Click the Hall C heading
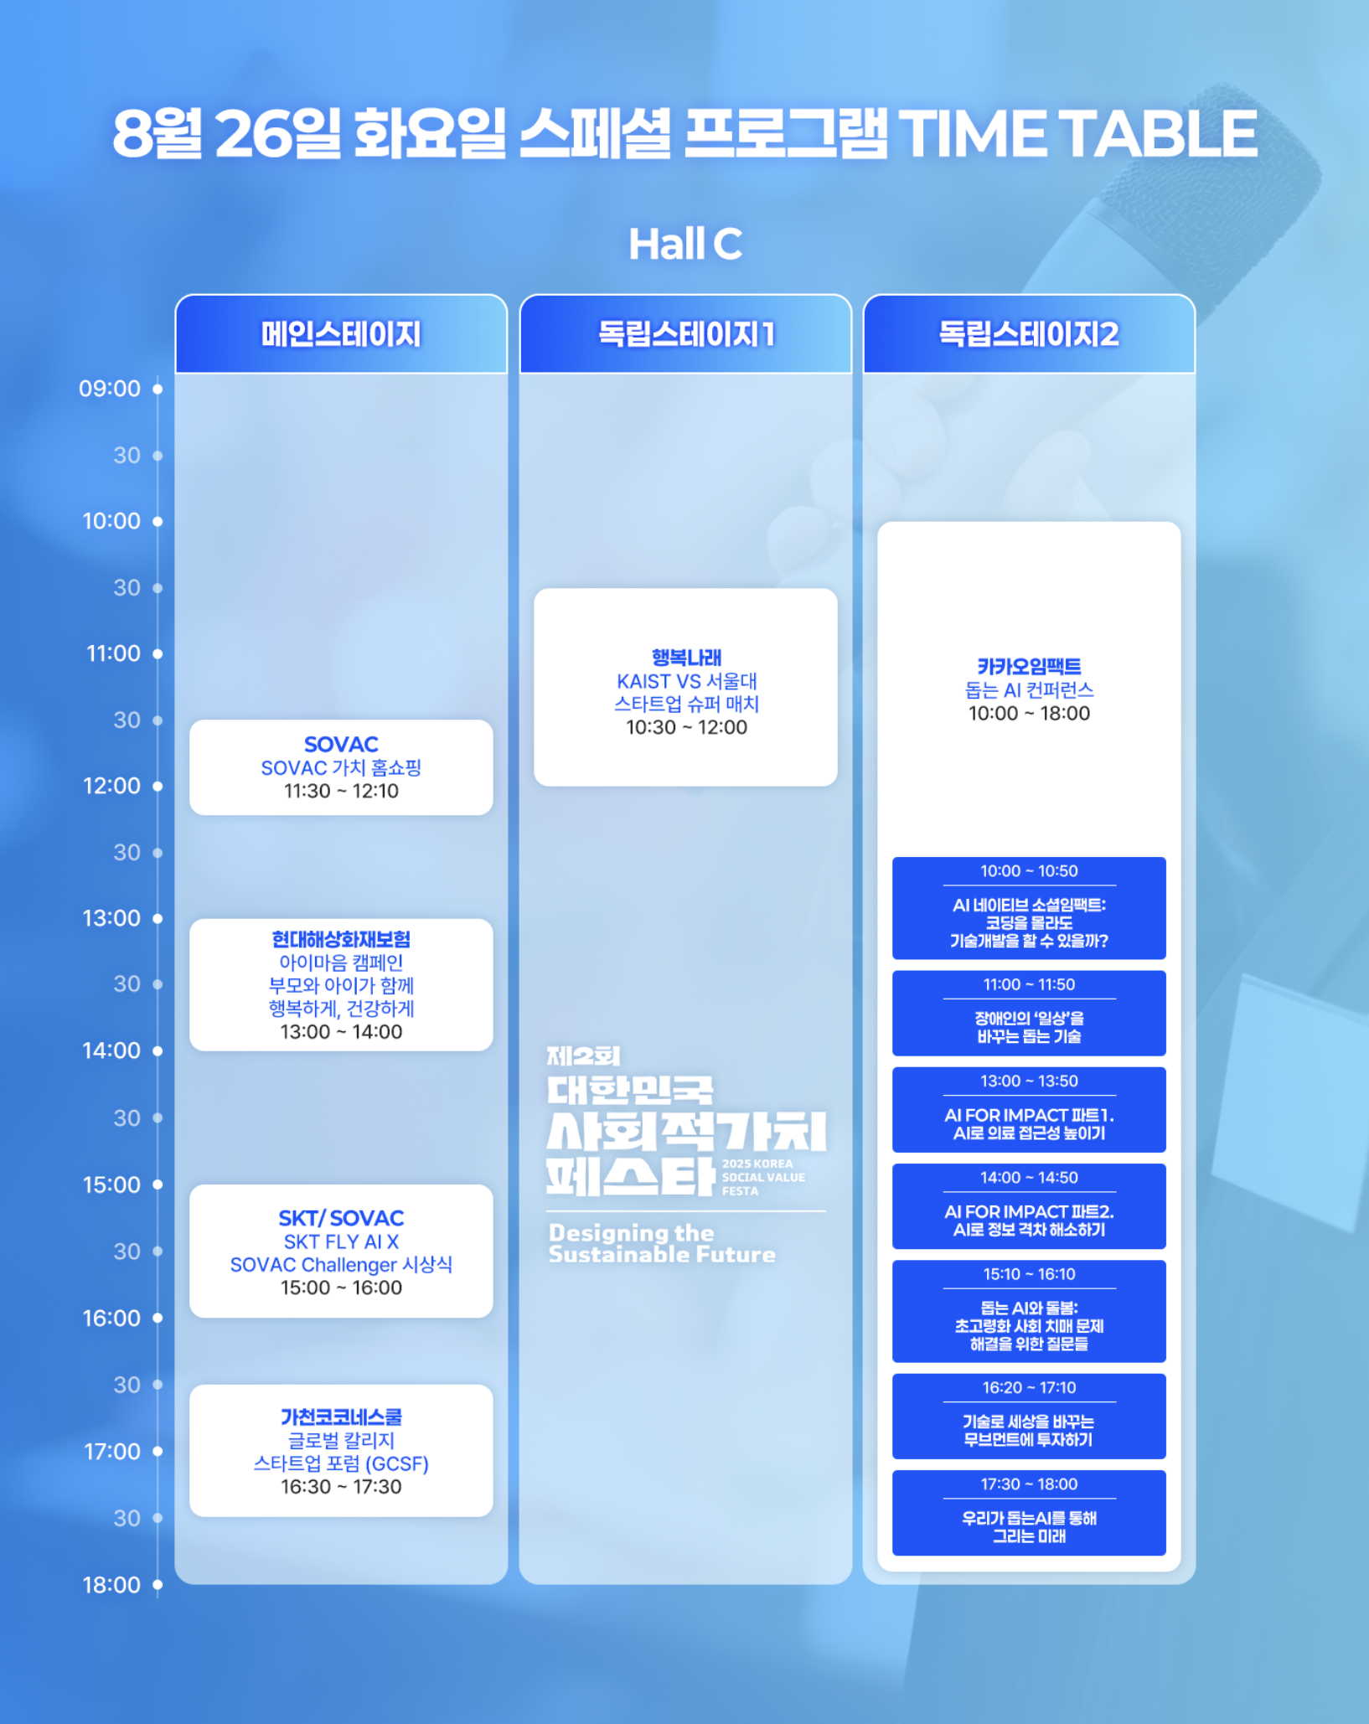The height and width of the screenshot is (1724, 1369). click(685, 244)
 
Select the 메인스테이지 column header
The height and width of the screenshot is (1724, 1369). click(341, 334)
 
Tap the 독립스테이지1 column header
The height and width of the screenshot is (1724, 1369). click(685, 334)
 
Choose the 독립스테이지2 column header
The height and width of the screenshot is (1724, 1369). click(1029, 334)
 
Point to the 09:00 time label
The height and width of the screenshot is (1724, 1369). click(110, 389)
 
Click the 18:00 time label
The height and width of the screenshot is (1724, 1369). click(111, 1585)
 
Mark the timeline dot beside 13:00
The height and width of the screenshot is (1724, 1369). click(158, 918)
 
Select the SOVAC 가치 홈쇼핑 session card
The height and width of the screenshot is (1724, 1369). click(341, 767)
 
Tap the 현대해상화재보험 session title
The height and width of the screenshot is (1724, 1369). click(341, 939)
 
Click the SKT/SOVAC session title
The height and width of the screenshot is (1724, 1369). click(341, 1218)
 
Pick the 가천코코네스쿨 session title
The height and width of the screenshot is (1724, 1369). click(341, 1417)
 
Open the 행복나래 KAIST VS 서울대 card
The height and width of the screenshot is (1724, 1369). click(685, 687)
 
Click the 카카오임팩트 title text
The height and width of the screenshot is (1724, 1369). click(1029, 667)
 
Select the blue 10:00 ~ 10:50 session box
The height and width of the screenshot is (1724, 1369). click(1029, 908)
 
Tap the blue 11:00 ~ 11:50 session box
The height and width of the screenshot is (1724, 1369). click(1029, 1013)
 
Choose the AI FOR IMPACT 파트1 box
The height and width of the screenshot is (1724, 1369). click(1029, 1109)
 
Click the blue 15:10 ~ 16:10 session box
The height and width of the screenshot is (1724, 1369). click(1029, 1311)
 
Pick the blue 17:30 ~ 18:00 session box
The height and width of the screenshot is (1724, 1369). click(1029, 1513)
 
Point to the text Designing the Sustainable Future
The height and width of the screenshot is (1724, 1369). click(662, 1244)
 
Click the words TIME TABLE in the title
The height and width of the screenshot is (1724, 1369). click(1077, 134)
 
